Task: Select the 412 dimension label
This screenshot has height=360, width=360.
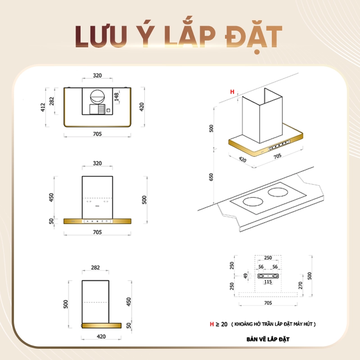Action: click(43, 107)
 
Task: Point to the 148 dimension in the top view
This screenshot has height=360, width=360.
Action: click(117, 97)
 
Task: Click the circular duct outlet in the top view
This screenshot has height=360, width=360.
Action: click(97, 97)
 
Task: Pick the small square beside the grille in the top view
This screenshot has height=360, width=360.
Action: click(108, 110)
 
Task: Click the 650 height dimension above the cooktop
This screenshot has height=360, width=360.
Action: click(211, 177)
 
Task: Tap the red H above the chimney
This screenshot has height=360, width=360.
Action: click(232, 92)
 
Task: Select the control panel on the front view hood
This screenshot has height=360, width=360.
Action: click(97, 221)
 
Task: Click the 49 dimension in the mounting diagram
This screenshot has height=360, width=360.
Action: click(246, 276)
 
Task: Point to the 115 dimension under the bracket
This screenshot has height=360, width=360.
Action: click(268, 282)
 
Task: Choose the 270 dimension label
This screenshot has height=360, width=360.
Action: click(300, 285)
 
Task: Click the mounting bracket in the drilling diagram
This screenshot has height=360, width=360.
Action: click(268, 276)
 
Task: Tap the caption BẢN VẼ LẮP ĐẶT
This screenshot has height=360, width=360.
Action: click(268, 339)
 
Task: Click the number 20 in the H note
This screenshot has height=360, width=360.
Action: click(224, 324)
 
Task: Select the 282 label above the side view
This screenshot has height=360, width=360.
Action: click(95, 267)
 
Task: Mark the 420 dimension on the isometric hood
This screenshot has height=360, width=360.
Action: click(243, 159)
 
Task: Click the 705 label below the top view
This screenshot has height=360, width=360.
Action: click(97, 134)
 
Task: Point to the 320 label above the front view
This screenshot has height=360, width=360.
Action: click(97, 163)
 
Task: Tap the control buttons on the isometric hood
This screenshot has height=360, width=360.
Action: click(279, 145)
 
